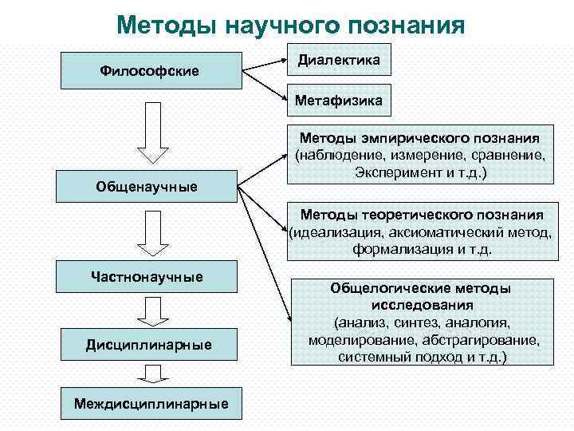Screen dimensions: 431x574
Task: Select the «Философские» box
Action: pyautogui.click(x=149, y=71)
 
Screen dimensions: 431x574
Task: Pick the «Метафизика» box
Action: pyautogui.click(x=338, y=101)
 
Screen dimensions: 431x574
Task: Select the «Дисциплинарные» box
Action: pyautogui.click(x=149, y=345)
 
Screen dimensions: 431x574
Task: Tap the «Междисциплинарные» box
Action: pyautogui.click(x=151, y=404)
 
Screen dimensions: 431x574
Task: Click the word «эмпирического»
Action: pyautogui.click(x=420, y=137)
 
